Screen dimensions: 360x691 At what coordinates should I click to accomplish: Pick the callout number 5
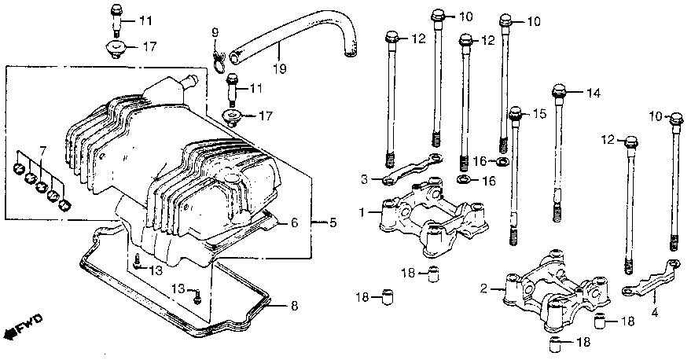(x=294, y=222)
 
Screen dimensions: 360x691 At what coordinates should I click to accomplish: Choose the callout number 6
(x=43, y=149)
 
